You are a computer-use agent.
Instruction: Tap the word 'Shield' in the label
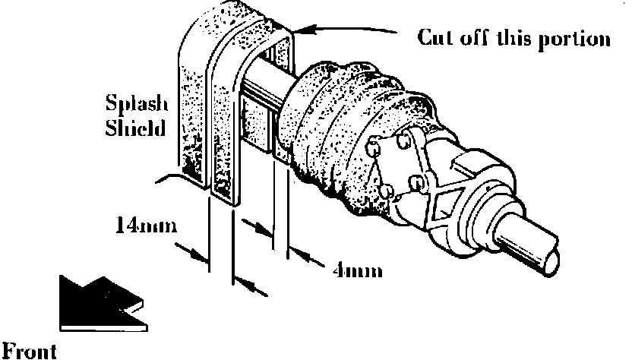pos(135,127)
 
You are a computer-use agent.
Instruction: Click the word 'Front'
pos(28,351)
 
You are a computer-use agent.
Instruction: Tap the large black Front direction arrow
pos(95,305)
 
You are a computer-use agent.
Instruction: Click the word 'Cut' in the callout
pos(435,38)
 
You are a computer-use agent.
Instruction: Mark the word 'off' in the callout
pos(471,38)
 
